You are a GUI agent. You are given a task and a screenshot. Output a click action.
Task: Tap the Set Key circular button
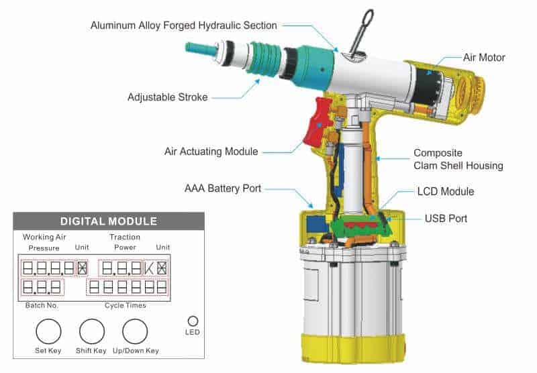tap(48, 331)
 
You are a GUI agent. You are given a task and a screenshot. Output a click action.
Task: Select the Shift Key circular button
tap(92, 331)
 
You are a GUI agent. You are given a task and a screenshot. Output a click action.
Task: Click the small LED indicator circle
tap(193, 321)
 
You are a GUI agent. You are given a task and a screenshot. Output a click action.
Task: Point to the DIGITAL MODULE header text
tap(109, 221)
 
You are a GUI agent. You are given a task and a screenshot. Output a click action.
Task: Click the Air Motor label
tap(484, 58)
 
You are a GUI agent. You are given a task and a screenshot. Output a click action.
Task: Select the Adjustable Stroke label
tap(167, 97)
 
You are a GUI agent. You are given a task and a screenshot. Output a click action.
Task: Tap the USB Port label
tap(446, 218)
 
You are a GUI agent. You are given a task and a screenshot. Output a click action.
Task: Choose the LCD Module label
tap(446, 191)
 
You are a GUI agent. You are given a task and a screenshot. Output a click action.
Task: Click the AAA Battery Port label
tap(223, 189)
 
